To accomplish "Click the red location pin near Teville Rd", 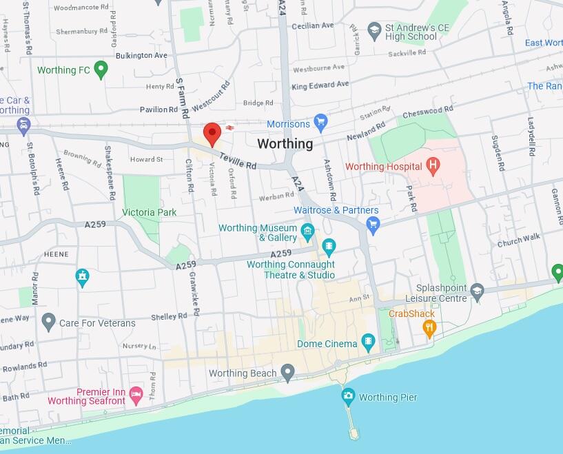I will [x=212, y=132].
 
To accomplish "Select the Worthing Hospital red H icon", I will [x=433, y=166].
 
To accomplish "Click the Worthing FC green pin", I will [x=101, y=69].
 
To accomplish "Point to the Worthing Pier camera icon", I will [x=348, y=397].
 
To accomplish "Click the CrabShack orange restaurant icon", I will [x=430, y=329].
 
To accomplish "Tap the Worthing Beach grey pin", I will [x=288, y=373].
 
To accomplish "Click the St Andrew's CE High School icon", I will [x=374, y=31].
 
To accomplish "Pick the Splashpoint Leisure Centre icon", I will [x=477, y=293].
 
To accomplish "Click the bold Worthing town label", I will [x=285, y=144].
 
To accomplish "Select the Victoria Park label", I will [x=149, y=213].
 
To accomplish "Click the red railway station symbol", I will [x=229, y=127].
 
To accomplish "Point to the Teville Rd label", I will [x=238, y=161].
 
